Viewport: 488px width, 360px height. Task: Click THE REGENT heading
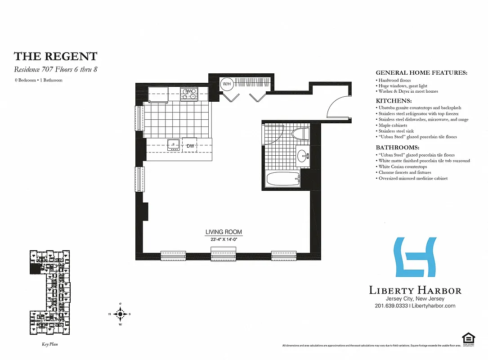[55, 56]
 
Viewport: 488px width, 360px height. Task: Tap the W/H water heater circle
[226, 83]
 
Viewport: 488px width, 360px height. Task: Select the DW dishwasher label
[190, 146]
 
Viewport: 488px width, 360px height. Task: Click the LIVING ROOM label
[224, 232]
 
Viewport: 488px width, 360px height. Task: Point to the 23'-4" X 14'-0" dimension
[224, 239]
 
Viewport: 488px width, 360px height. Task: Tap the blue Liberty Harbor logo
[416, 257]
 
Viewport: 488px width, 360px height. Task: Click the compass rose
[120, 314]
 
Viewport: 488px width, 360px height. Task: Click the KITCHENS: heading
[394, 101]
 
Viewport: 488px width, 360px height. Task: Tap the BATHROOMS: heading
[398, 148]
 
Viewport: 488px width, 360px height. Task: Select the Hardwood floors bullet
[394, 80]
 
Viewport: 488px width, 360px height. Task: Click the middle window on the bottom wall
[224, 256]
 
